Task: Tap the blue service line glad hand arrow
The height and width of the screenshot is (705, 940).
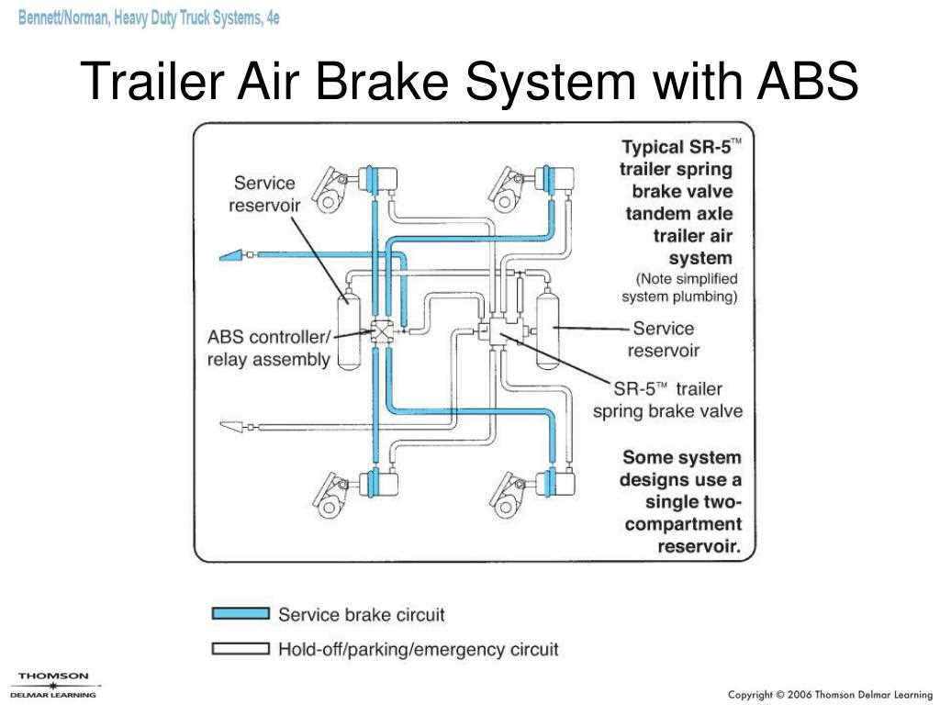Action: click(x=230, y=255)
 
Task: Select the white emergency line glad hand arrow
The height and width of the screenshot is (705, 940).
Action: click(x=231, y=426)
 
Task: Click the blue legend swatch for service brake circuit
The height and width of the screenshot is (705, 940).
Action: click(x=241, y=614)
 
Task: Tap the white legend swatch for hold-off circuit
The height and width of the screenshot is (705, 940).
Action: click(x=241, y=649)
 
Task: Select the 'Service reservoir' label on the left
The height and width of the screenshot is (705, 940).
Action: click(x=264, y=194)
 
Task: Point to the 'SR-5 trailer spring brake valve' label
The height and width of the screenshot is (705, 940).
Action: click(x=667, y=399)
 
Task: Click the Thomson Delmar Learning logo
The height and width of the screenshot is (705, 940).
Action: click(x=55, y=685)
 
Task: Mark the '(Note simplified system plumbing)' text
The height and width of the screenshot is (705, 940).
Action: click(x=680, y=287)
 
